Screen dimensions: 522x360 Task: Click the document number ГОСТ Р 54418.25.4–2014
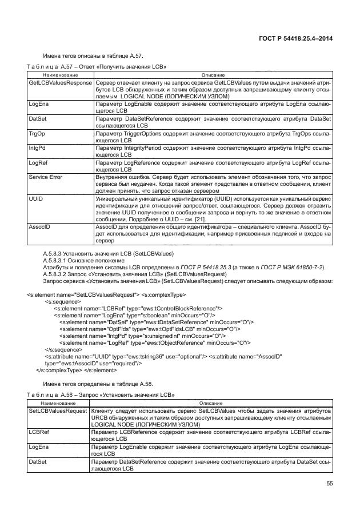297,39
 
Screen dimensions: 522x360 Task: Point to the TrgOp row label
37,133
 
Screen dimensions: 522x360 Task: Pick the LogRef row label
38,162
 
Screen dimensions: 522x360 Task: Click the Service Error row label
46,177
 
